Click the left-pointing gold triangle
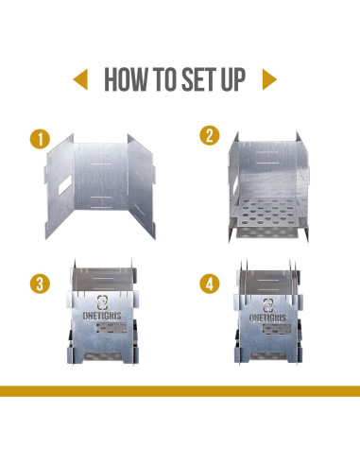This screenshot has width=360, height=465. pyautogui.click(x=81, y=79)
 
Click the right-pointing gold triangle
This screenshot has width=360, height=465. pyautogui.click(x=269, y=79)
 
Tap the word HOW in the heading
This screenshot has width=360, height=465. pyautogui.click(x=126, y=79)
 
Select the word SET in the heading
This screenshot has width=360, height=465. pyautogui.click(x=197, y=79)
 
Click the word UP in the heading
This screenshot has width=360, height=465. pyautogui.click(x=233, y=79)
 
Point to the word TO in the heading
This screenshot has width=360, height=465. pyautogui.click(x=164, y=79)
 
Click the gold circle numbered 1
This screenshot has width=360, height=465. pyautogui.click(x=40, y=139)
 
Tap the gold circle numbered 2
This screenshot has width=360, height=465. pyautogui.click(x=210, y=136)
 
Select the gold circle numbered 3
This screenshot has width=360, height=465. pyautogui.click(x=40, y=284)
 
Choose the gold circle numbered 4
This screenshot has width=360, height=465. pyautogui.click(x=210, y=284)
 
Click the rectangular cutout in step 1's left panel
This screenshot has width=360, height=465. pyautogui.click(x=64, y=185)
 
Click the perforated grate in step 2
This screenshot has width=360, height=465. pyautogui.click(x=267, y=212)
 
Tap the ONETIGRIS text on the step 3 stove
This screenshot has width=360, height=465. pyautogui.click(x=102, y=316)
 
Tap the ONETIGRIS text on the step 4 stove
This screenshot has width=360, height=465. pyautogui.click(x=267, y=318)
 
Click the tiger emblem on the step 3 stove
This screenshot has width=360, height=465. pyautogui.click(x=102, y=302)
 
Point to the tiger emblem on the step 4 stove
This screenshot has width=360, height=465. pyautogui.click(x=268, y=305)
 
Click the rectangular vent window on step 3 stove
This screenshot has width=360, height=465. pyautogui.click(x=111, y=328)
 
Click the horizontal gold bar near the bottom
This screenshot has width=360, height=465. pyautogui.click(x=180, y=391)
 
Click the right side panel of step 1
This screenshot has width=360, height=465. pyautogui.click(x=142, y=186)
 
